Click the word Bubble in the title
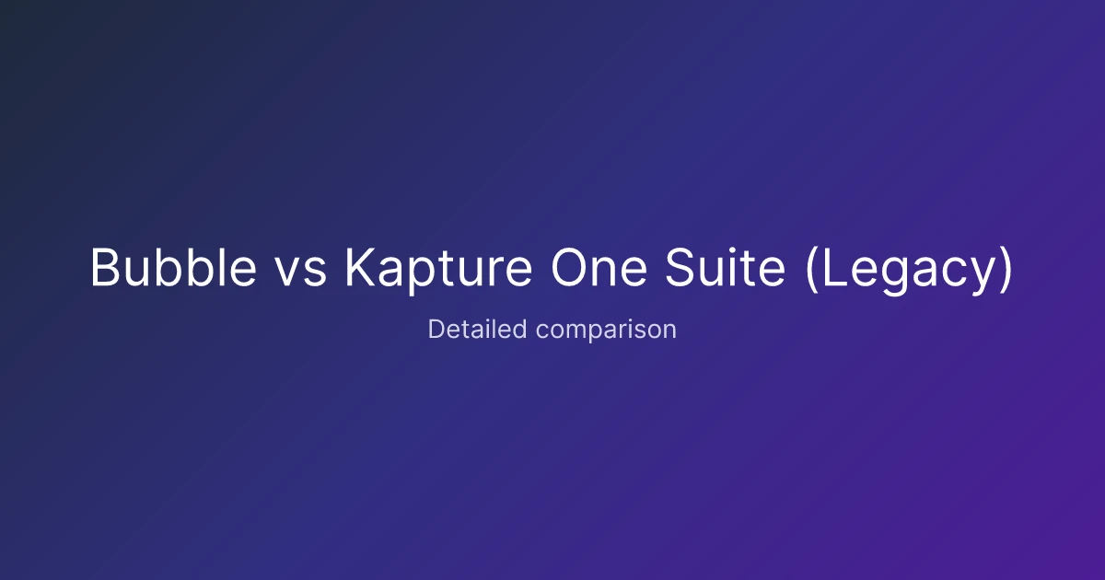click(174, 266)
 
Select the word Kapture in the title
click(438, 271)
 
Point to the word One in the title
click(599, 267)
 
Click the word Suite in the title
click(726, 266)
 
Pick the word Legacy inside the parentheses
click(909, 272)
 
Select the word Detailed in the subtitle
click(478, 329)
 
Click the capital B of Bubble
click(105, 267)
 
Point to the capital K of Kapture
click(360, 267)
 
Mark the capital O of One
click(569, 267)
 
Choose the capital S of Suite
click(680, 267)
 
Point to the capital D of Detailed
click(436, 329)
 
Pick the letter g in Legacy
click(895, 276)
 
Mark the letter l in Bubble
click(220, 266)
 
